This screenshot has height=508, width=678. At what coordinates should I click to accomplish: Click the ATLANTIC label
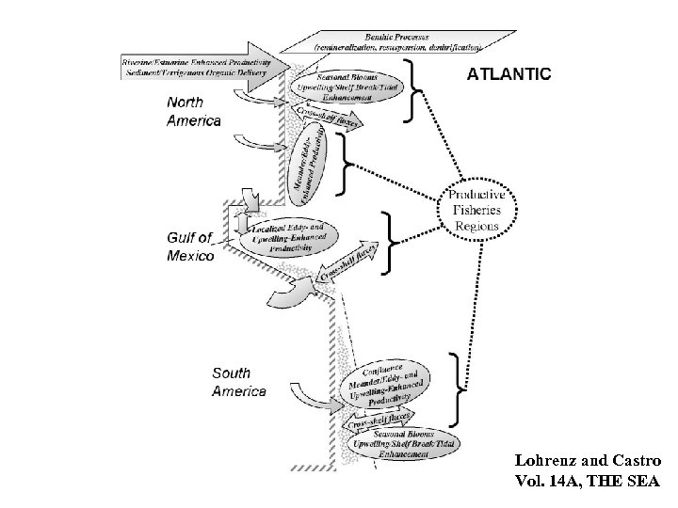tap(509, 72)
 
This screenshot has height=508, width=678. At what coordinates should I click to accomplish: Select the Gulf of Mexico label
tap(191, 246)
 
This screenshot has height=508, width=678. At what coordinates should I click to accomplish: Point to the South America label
tap(239, 383)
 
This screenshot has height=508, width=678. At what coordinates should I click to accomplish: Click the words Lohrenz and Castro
tap(589, 462)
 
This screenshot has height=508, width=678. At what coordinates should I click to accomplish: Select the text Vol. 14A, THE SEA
tap(589, 482)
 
